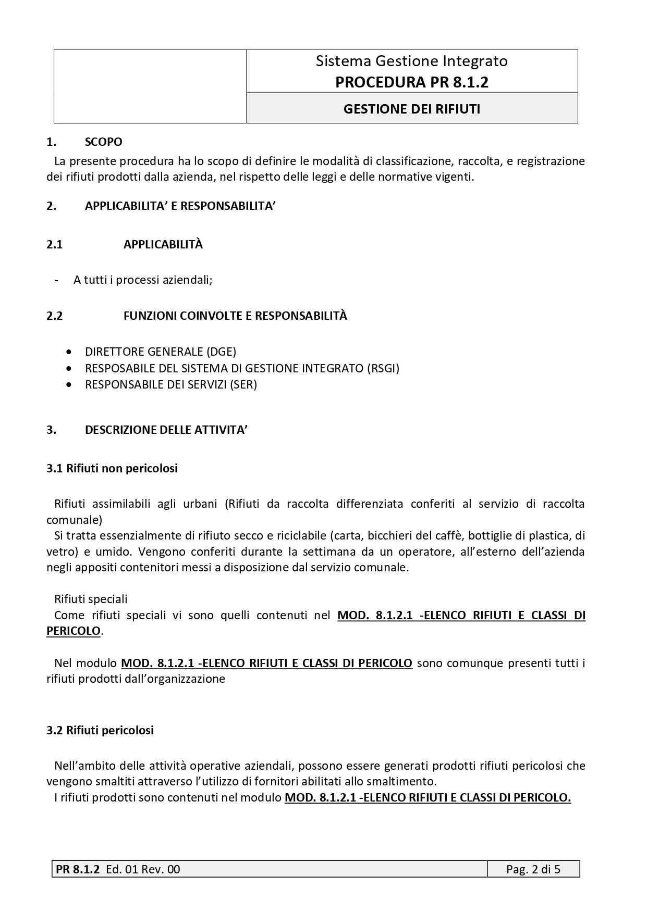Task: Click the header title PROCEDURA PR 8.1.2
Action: tap(412, 82)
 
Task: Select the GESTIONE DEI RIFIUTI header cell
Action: tap(412, 109)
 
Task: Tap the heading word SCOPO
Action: tap(103, 142)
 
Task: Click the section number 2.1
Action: tap(55, 244)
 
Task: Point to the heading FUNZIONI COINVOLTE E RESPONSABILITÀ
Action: tap(235, 316)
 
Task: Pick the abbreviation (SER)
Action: tap(243, 385)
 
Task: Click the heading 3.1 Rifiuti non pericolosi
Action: tap(112, 468)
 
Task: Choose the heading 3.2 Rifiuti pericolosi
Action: tap(100, 730)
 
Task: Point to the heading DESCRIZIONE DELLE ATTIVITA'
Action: tap(166, 430)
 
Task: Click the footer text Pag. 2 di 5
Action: tap(533, 869)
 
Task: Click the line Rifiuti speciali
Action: tap(91, 599)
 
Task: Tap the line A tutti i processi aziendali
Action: tap(143, 280)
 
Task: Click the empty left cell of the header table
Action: tap(150, 86)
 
